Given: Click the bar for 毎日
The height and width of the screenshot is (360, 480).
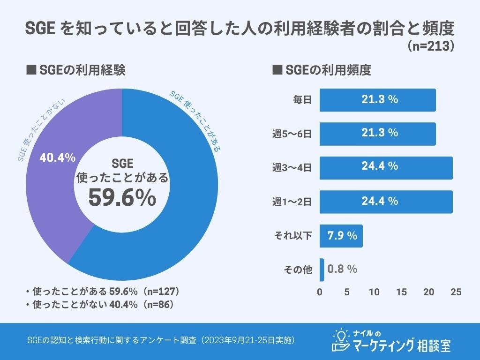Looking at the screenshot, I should click(377, 100).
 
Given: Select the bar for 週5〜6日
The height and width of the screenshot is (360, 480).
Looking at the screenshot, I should click(377, 134).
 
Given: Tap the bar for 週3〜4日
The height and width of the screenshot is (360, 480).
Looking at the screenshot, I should click(386, 168).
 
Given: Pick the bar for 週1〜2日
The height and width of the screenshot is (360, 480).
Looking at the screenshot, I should click(386, 202).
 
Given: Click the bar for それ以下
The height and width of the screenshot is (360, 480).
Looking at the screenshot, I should click(341, 236).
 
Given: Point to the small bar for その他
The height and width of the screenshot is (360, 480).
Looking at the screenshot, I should click(322, 270).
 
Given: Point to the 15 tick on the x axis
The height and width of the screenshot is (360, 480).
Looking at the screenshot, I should click(402, 292).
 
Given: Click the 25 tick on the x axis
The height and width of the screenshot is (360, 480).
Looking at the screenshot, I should click(456, 292).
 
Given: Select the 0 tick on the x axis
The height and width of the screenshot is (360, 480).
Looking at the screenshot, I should click(320, 292).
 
